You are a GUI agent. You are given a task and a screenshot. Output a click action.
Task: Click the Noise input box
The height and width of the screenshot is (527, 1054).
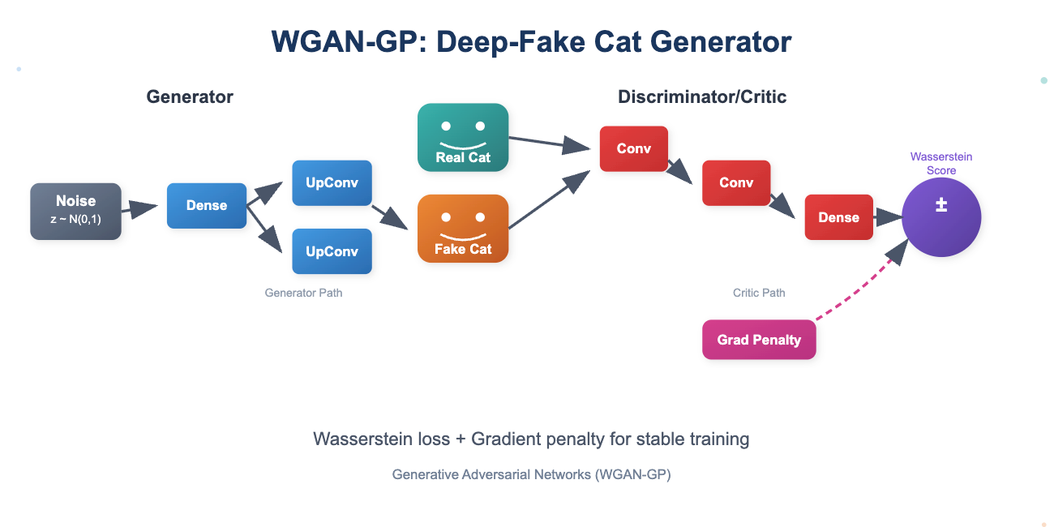(x=75, y=211)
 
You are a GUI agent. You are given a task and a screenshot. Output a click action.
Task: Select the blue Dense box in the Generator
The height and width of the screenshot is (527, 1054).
(x=206, y=205)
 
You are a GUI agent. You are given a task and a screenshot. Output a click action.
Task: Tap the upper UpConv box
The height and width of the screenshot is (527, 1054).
(x=332, y=182)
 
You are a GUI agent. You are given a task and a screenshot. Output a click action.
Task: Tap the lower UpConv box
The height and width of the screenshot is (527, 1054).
(x=332, y=251)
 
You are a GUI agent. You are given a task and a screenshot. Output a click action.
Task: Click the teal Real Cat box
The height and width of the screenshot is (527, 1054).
(x=462, y=137)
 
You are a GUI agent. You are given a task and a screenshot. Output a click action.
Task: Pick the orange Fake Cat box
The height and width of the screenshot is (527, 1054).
(x=462, y=229)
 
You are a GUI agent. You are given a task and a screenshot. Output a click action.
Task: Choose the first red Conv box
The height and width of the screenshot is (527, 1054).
(x=633, y=148)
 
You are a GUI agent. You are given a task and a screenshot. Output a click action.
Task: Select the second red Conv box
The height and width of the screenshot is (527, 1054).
(x=736, y=182)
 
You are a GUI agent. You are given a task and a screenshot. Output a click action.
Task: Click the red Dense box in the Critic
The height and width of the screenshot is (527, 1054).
(x=838, y=216)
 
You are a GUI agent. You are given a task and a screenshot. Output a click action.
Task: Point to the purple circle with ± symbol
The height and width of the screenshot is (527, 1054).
(x=941, y=217)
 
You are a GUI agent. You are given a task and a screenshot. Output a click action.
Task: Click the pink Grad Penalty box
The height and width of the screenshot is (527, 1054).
(x=759, y=340)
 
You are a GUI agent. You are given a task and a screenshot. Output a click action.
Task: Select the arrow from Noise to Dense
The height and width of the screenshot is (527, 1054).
(x=139, y=209)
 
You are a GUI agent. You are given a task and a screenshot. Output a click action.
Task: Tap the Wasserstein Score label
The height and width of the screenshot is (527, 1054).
(x=941, y=163)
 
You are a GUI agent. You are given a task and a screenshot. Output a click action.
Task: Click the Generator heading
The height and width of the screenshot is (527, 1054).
(x=190, y=96)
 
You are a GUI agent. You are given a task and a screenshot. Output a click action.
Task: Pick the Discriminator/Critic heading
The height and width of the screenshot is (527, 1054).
(x=702, y=96)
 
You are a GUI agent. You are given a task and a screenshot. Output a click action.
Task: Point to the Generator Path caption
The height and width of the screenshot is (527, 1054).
(x=303, y=293)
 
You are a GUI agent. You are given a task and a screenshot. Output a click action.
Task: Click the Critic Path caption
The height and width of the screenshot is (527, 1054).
(x=759, y=293)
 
